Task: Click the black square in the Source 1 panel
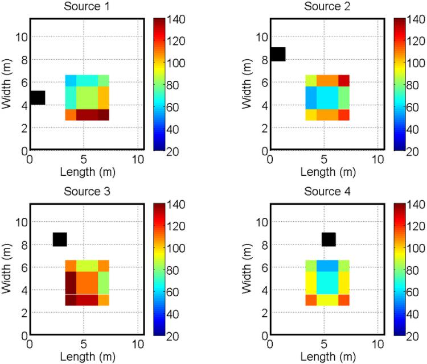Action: coord(37,97)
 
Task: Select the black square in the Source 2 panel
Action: coord(278,54)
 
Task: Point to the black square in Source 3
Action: coord(60,239)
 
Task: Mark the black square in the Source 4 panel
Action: coord(329,239)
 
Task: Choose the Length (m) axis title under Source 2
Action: coord(325,171)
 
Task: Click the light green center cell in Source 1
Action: coord(87,97)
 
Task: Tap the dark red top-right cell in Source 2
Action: coord(343,80)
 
